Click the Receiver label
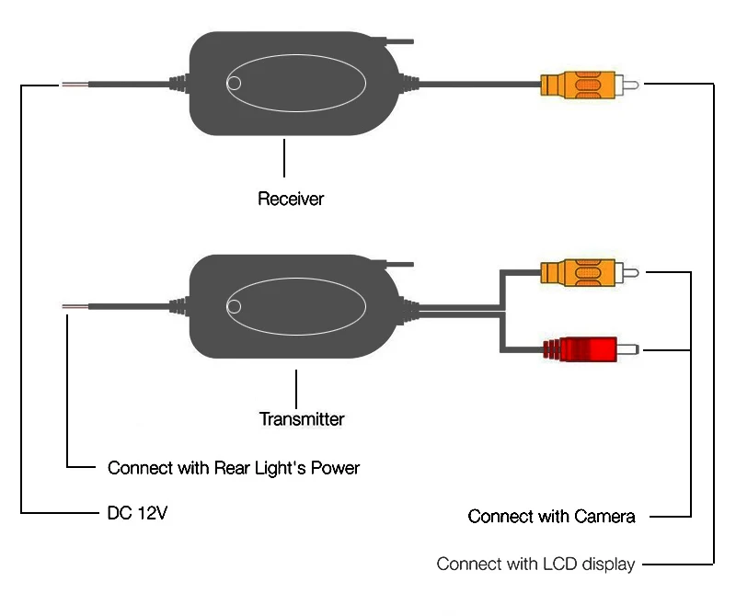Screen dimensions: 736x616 (291, 199)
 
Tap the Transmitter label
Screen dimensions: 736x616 (302, 419)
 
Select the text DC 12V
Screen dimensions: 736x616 (137, 513)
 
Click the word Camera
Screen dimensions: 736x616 (604, 516)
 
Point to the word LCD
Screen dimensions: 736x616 (559, 564)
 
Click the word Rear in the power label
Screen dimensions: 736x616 (232, 468)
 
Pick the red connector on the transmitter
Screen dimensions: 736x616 (591, 349)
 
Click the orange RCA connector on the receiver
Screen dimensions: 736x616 (589, 85)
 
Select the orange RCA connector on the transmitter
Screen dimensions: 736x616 (589, 272)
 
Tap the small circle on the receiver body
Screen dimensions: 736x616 (234, 84)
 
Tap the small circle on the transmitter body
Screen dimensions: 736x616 (234, 306)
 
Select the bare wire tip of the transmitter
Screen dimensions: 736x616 (75, 306)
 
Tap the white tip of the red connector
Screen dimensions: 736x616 (628, 349)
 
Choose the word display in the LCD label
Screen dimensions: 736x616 (608, 564)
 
